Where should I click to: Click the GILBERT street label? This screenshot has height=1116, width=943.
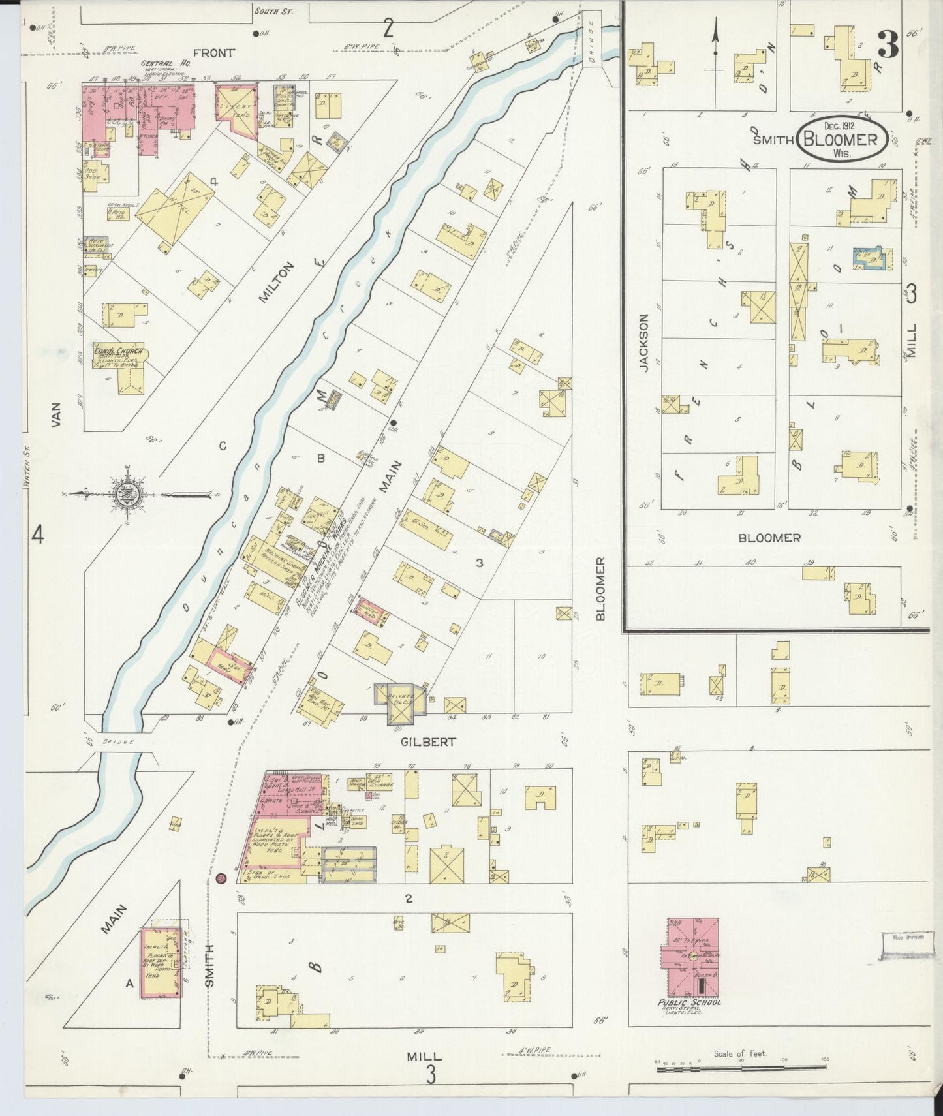click(429, 742)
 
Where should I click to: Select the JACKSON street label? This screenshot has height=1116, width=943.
click(644, 343)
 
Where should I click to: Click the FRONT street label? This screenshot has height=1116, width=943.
click(213, 53)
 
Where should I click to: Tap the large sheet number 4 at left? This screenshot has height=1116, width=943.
click(37, 535)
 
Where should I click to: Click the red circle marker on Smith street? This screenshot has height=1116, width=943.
click(221, 878)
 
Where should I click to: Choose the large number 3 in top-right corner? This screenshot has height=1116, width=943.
click(888, 46)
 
